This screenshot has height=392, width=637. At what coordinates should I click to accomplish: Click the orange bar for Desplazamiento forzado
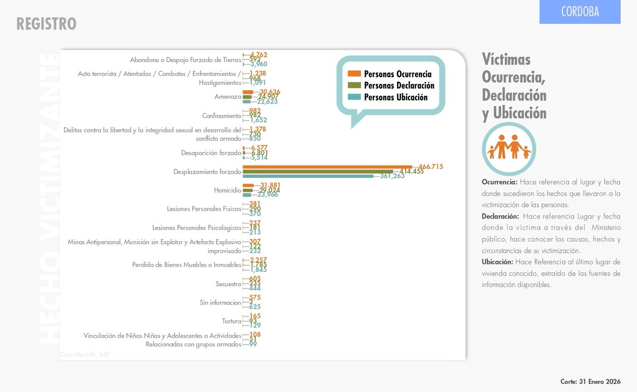327,167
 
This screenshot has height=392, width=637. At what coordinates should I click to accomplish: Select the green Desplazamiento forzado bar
317,172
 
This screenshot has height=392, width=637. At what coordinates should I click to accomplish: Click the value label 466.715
431,167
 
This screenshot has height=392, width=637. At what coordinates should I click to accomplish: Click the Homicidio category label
227,190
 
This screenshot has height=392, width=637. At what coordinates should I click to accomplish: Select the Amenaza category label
228,97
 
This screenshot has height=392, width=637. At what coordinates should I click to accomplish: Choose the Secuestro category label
228,284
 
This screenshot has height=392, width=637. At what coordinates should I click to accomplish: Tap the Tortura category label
231,321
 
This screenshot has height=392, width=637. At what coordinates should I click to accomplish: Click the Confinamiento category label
221,116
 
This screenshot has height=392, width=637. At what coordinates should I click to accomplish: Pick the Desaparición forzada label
211,153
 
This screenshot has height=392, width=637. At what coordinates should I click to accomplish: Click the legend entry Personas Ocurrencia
398,74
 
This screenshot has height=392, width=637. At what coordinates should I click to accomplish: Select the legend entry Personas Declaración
399,86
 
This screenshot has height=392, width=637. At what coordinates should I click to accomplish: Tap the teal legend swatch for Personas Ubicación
355,97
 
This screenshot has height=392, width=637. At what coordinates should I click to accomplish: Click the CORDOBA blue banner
580,12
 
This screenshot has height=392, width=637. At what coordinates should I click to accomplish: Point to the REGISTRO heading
46,24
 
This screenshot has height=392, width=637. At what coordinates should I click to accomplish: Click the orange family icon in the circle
509,147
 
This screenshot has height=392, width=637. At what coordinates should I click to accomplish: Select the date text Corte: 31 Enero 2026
590,381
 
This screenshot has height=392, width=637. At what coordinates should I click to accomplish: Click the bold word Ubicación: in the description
497,262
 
